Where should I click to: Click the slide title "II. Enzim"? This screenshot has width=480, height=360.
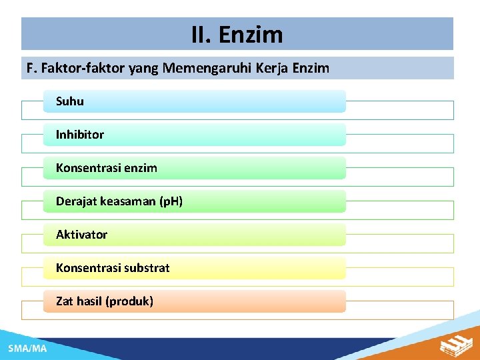pyautogui.click(x=237, y=34)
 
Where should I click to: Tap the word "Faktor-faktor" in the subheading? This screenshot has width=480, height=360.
pyautogui.click(x=75, y=68)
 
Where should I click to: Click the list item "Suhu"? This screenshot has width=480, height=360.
pyautogui.click(x=70, y=101)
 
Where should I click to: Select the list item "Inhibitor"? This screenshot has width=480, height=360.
pyautogui.click(x=80, y=135)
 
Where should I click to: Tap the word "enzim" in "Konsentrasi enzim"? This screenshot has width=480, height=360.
pyautogui.click(x=140, y=168)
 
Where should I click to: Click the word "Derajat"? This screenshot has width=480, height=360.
pyautogui.click(x=76, y=201)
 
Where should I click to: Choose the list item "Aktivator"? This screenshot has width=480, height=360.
pyautogui.click(x=81, y=235)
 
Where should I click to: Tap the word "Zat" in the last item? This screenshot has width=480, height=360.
pyautogui.click(x=65, y=301)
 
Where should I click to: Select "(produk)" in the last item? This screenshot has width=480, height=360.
pyautogui.click(x=129, y=301)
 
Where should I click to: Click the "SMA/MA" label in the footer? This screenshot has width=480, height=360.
pyautogui.click(x=27, y=349)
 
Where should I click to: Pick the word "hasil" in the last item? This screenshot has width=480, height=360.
pyautogui.click(x=89, y=301)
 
